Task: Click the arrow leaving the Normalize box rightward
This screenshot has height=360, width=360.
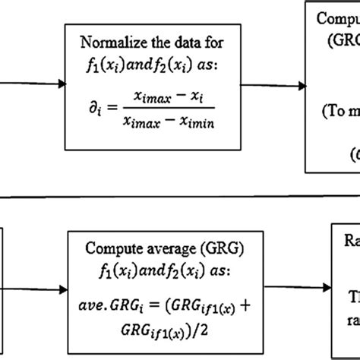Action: click(x=278, y=84)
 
